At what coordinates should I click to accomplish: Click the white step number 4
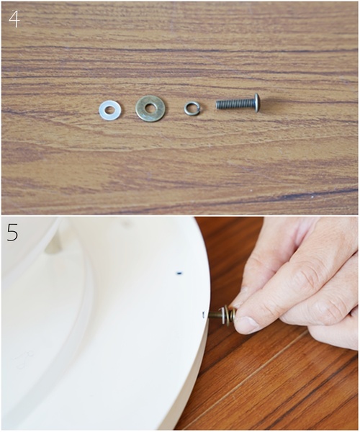(14, 19)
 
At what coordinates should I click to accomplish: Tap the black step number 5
(12, 233)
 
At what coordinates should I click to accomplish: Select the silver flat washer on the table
(110, 110)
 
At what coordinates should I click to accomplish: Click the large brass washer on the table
(150, 108)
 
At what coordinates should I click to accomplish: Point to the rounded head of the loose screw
(256, 103)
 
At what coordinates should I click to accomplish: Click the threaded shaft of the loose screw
(235, 104)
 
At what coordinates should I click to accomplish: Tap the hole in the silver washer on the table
(110, 110)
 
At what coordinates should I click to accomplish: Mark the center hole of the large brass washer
(150, 108)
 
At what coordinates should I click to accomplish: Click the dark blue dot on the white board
(179, 274)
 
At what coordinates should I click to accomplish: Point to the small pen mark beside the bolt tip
(203, 315)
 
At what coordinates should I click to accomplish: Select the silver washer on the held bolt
(222, 315)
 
